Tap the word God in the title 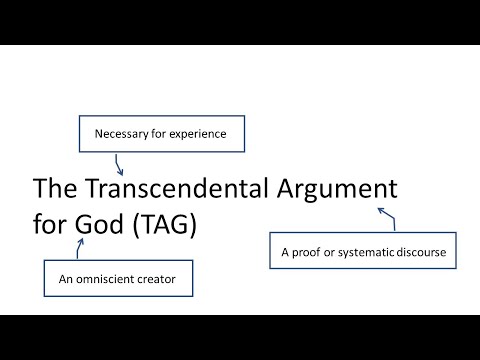click(x=102, y=226)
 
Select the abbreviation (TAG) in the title click(x=168, y=226)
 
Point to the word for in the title click(x=51, y=226)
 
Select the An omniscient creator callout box click(x=117, y=279)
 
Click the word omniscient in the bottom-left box click(x=109, y=279)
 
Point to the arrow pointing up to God click(x=78, y=249)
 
